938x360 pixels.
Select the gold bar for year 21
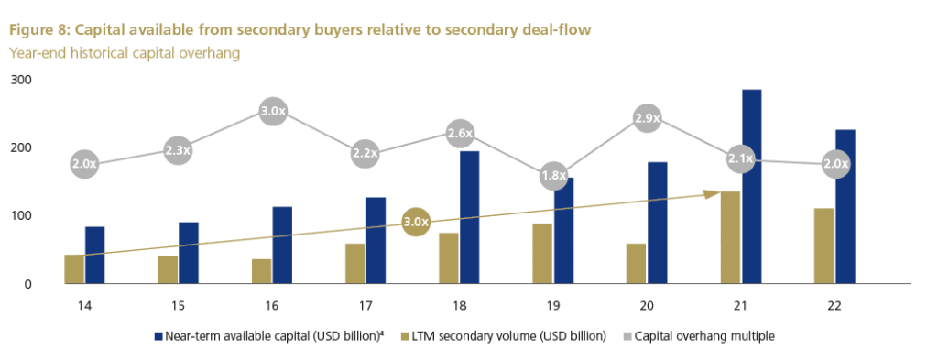(730, 237)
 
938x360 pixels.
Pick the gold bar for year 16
(262, 271)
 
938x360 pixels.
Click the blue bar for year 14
(94, 255)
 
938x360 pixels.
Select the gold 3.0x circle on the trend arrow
(417, 221)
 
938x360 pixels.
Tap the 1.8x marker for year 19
(554, 175)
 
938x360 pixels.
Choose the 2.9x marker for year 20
(648, 118)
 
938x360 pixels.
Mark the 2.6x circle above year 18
(460, 133)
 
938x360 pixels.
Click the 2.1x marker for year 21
(740, 159)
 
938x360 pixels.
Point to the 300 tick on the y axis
(21, 80)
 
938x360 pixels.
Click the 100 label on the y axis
(21, 216)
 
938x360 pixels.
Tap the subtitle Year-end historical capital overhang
(124, 54)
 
